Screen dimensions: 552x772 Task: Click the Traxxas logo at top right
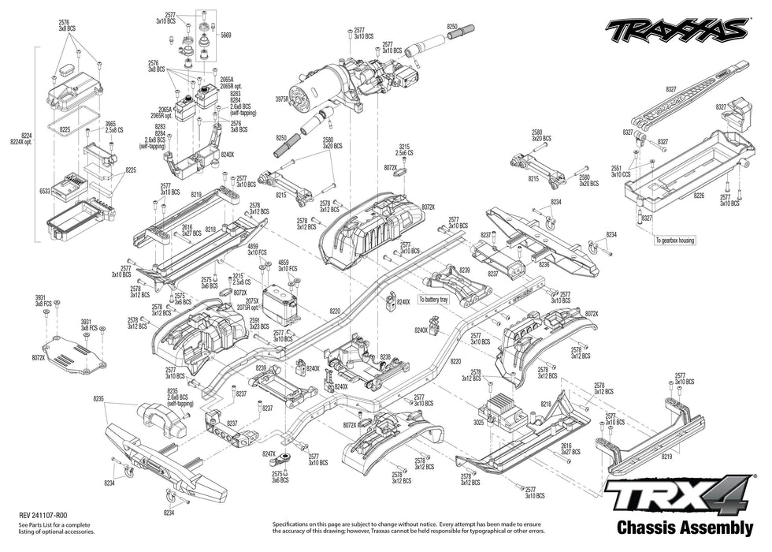click(x=675, y=30)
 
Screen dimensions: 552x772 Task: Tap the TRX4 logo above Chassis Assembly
click(x=679, y=497)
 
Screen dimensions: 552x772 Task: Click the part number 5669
click(x=226, y=35)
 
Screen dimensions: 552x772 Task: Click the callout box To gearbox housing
click(x=674, y=240)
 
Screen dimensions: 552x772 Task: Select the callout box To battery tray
click(x=434, y=300)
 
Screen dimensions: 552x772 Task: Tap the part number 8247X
click(x=269, y=454)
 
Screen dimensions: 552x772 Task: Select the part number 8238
click(x=384, y=357)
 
